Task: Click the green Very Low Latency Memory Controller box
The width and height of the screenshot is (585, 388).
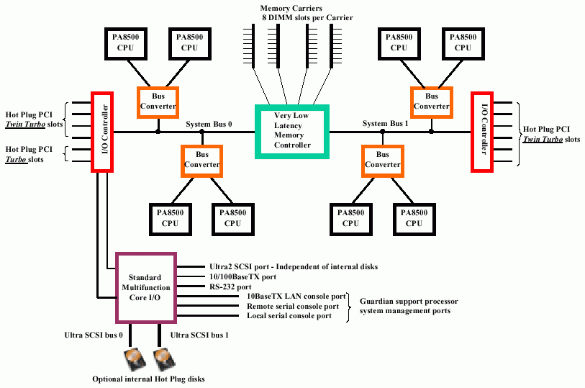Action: [292, 130]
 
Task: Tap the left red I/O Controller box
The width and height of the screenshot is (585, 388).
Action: [103, 131]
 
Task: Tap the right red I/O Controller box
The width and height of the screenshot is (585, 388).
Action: [481, 131]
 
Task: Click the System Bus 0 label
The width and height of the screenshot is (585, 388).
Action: [209, 125]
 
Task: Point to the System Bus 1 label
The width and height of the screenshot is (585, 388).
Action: [385, 124]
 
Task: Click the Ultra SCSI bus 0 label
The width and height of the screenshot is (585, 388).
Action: [93, 335]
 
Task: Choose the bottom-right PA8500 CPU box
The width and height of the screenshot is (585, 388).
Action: [414, 218]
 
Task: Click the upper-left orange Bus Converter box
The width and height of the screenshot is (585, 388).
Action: [158, 100]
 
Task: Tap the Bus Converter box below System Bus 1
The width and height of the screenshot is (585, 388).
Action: [382, 159]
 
